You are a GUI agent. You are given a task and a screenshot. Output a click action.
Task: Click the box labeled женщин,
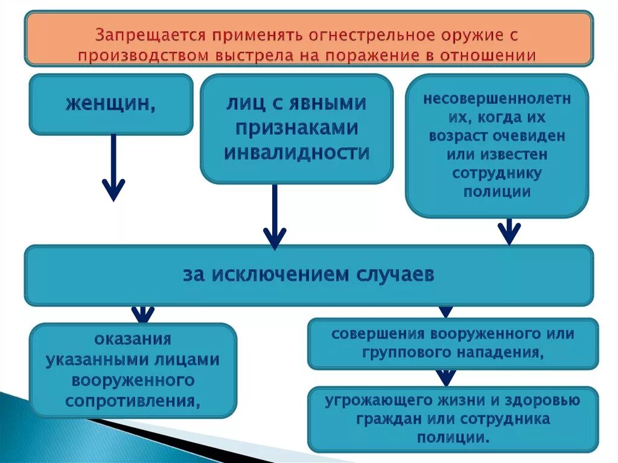click(x=110, y=104)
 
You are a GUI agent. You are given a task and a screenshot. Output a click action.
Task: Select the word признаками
click(x=296, y=127)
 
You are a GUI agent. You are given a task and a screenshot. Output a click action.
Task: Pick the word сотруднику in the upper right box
click(x=497, y=173)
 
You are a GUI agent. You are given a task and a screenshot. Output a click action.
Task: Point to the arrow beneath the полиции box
click(x=509, y=231)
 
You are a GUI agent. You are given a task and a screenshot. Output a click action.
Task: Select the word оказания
click(x=133, y=339)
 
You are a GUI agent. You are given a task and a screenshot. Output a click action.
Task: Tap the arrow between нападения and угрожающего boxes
click(x=446, y=377)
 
